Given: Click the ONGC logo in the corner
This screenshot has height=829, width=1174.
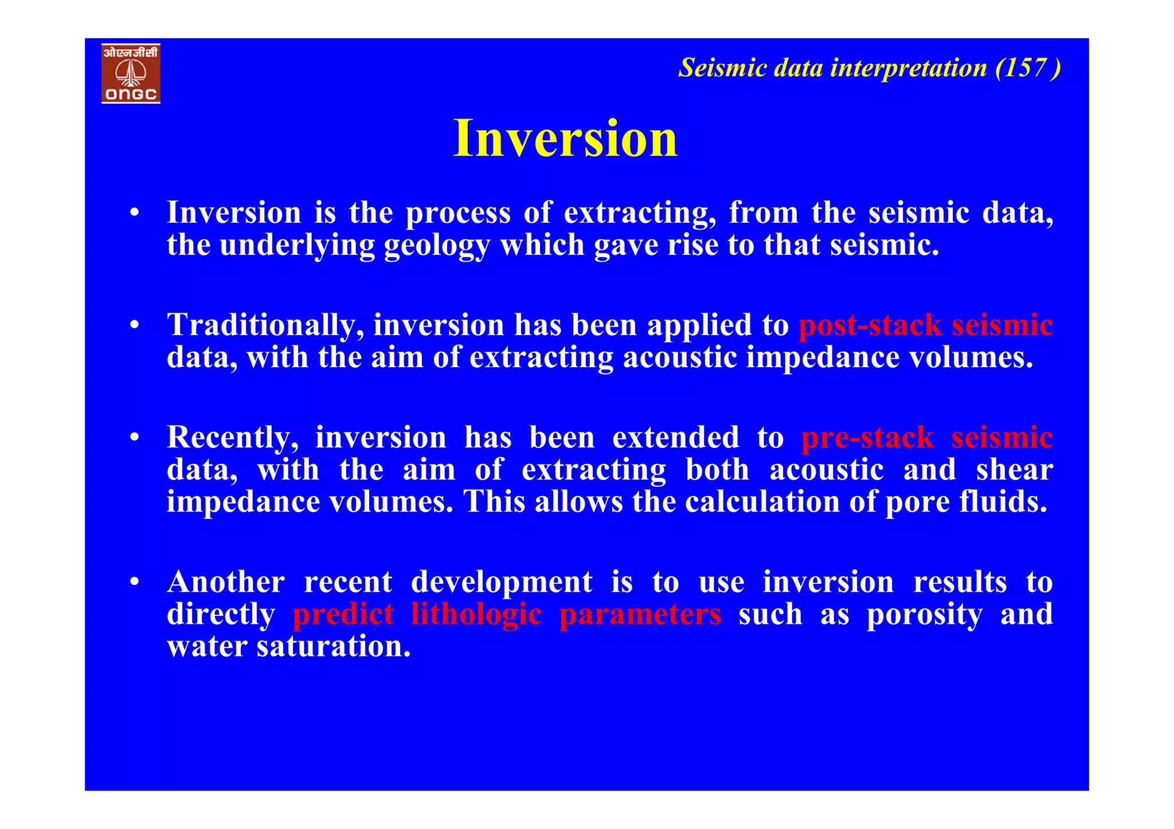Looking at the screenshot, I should tap(131, 73).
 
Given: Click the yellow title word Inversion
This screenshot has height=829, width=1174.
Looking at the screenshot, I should tap(565, 138).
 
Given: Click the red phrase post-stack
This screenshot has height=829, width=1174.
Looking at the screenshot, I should tap(870, 325).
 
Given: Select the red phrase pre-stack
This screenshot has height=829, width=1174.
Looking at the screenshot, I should tap(867, 438).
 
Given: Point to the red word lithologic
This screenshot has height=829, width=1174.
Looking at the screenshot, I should tap(476, 614).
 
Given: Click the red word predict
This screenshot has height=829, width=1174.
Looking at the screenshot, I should tap(343, 614).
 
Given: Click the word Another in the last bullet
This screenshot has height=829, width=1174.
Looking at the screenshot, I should tap(225, 582).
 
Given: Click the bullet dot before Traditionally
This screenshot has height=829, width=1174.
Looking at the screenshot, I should tap(134, 325).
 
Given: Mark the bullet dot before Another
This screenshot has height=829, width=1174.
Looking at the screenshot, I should tap(134, 583).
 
